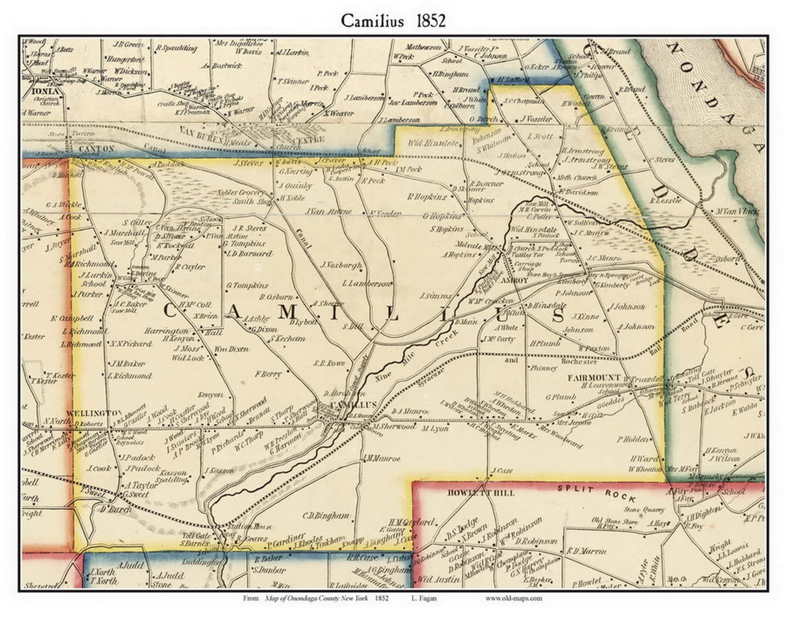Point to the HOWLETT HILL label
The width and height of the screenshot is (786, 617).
[x=481, y=493]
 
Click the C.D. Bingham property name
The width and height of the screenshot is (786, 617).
[x=326, y=516]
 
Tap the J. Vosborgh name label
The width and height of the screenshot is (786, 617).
[x=341, y=265]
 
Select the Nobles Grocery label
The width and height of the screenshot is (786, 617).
[x=247, y=193]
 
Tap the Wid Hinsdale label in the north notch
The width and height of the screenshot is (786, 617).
[x=432, y=143]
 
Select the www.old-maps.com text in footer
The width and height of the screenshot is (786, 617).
[x=513, y=598]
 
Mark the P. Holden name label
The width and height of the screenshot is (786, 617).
[x=632, y=439]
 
